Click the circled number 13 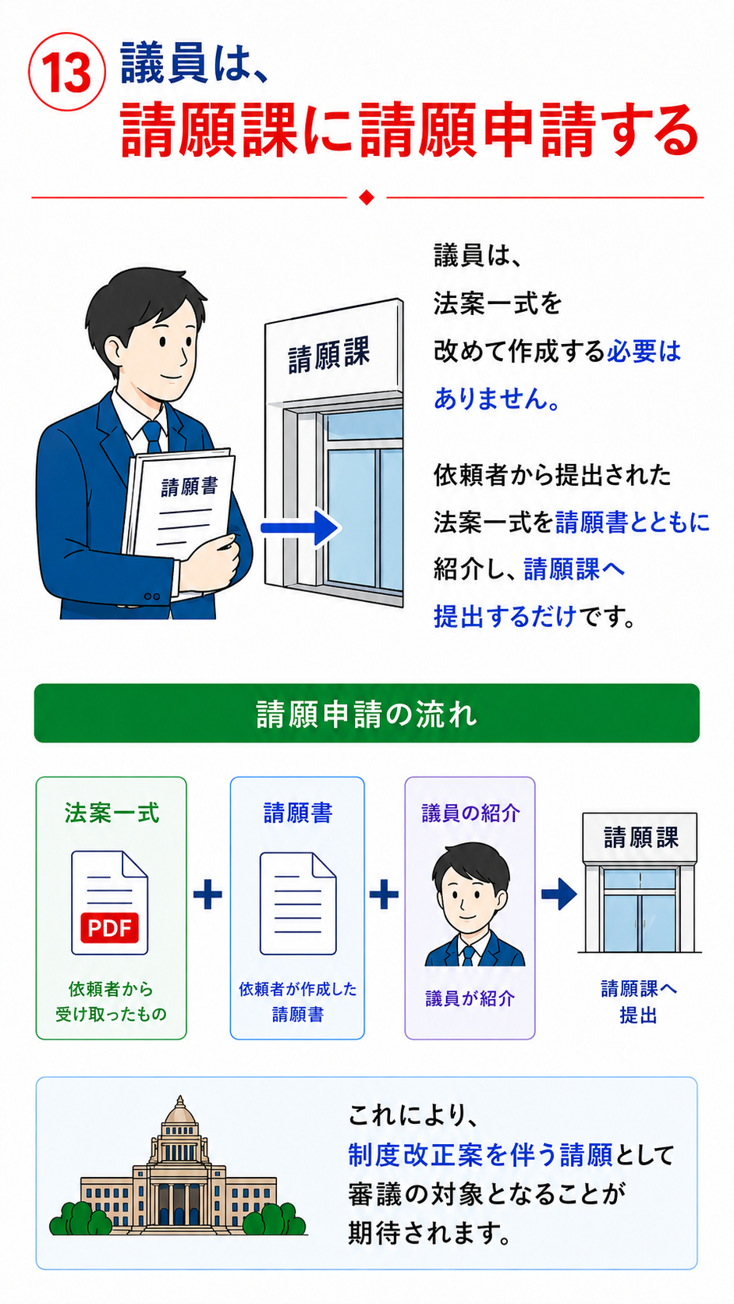tap(67, 72)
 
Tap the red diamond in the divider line tap(367, 197)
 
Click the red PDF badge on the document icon tap(109, 928)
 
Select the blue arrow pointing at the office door tap(300, 528)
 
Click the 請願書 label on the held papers tap(190, 487)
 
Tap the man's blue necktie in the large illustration tap(153, 437)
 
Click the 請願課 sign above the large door tap(329, 354)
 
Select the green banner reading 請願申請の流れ tap(367, 713)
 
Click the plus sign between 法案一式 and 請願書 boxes tap(207, 895)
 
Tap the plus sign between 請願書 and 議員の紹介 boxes tap(385, 895)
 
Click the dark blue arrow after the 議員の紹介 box tap(558, 895)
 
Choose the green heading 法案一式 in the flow tap(112, 813)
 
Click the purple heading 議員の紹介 tap(470, 813)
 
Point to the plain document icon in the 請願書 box tap(298, 903)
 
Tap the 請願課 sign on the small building tap(640, 838)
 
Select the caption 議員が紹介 tap(470, 999)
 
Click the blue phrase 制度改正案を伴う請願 tap(480, 1155)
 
